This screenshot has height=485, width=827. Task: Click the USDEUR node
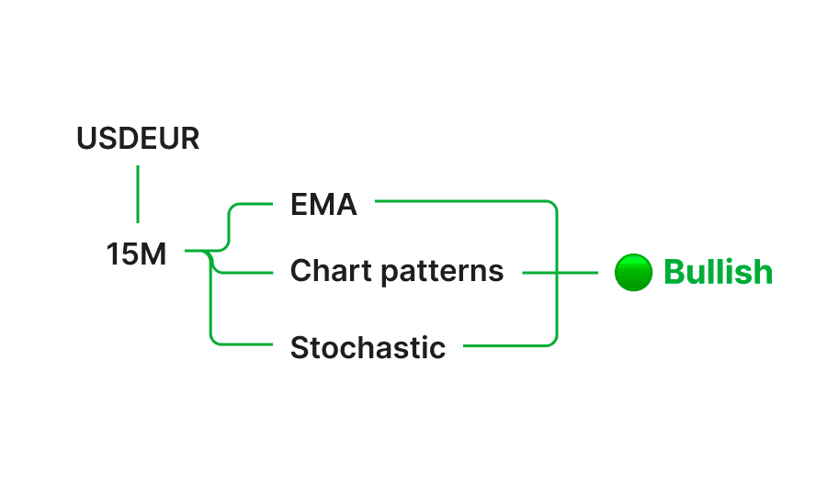pos(138,137)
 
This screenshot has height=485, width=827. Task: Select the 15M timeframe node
pos(137,254)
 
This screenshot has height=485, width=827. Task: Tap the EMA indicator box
pos(323,203)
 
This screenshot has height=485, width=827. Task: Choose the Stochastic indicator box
pos(368,346)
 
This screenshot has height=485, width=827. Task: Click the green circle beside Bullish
pos(632,273)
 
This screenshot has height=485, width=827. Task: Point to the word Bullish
pos(718,273)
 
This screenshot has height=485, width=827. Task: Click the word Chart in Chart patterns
pos(318,270)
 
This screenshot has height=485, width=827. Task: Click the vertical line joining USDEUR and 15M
pos(138,195)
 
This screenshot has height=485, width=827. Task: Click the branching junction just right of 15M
pos(211,251)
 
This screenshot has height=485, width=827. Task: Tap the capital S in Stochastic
pos(299,347)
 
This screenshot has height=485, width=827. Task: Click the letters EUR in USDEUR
pos(175,138)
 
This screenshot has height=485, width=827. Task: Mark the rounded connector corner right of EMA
pos(554,204)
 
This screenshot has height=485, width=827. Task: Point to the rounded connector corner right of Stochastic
pos(554,342)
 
